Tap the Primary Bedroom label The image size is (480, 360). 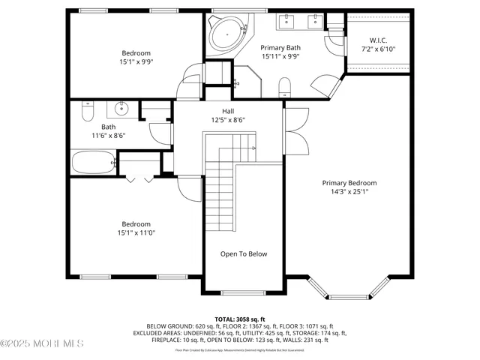(x=349, y=183)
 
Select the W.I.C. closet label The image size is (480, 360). (x=377, y=40)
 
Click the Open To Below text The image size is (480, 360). (x=243, y=254)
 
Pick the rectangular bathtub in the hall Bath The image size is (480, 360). (x=93, y=161)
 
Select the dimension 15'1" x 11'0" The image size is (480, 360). (x=136, y=233)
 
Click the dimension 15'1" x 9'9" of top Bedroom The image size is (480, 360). (x=136, y=62)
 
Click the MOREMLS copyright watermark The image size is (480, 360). (x=42, y=343)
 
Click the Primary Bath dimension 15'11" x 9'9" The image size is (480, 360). (x=280, y=56)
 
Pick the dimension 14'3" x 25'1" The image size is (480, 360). (x=349, y=192)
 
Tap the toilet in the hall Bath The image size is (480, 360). (x=86, y=112)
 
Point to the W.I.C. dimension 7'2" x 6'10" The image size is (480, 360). (x=377, y=49)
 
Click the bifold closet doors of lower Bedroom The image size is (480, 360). (x=138, y=178)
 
